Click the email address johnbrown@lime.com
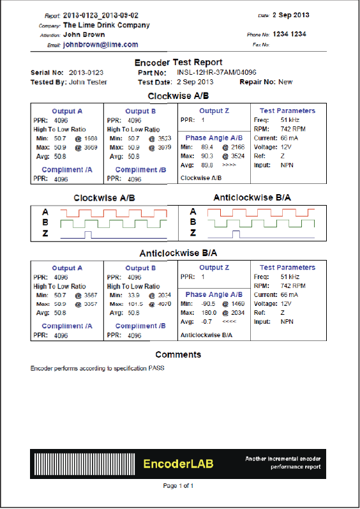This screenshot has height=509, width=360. click(100, 45)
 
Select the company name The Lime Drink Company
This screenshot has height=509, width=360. click(106, 25)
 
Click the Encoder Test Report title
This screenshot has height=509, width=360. click(179, 63)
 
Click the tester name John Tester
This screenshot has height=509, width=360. click(87, 82)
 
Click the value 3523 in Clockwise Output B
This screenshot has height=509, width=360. click(165, 138)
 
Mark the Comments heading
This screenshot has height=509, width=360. click(178, 354)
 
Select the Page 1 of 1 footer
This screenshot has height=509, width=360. click(178, 486)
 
